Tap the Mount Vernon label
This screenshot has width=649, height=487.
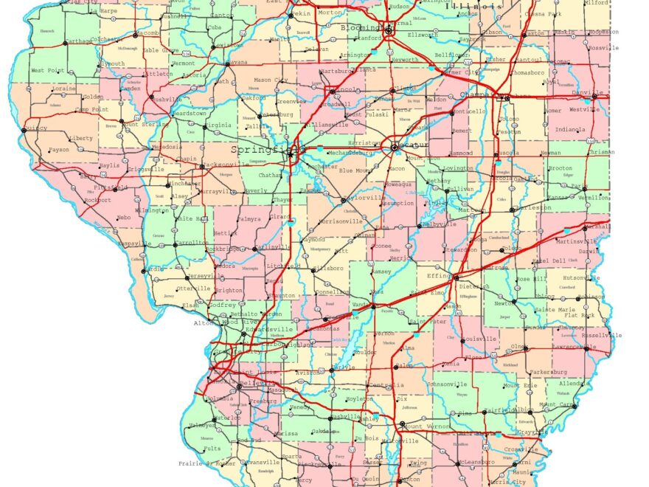[425, 426]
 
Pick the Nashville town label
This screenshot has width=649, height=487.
[346, 416]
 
